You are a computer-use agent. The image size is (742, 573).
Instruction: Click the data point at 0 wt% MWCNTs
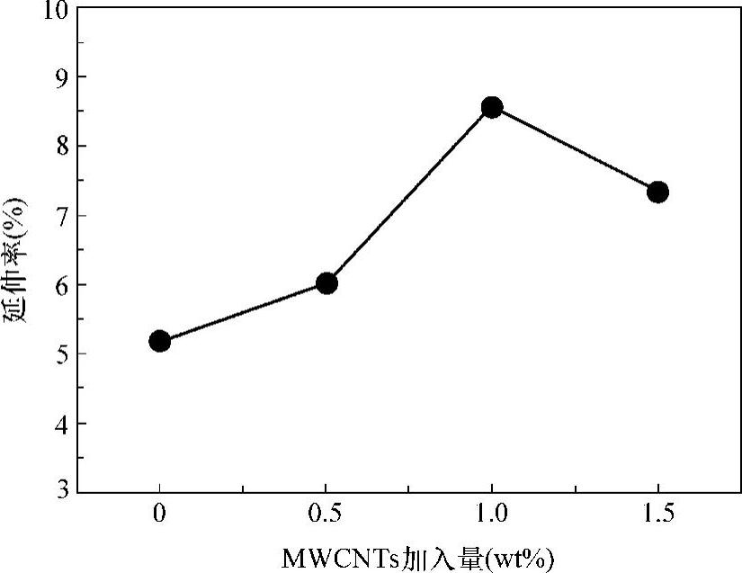click(x=160, y=341)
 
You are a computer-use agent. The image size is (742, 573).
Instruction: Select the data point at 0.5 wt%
click(x=326, y=283)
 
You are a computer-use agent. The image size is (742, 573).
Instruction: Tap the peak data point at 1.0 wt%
click(x=492, y=108)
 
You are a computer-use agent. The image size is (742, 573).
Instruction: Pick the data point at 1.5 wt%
click(x=657, y=192)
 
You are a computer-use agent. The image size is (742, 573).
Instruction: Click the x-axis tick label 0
click(x=160, y=515)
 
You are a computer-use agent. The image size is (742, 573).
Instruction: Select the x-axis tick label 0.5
click(x=326, y=515)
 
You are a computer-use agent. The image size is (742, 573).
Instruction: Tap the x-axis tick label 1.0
click(x=492, y=515)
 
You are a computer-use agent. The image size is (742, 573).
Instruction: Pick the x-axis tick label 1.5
click(x=657, y=515)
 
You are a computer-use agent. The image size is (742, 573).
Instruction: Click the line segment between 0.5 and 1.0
click(x=409, y=195)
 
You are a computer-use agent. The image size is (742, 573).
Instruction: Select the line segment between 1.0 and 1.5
click(x=575, y=150)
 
